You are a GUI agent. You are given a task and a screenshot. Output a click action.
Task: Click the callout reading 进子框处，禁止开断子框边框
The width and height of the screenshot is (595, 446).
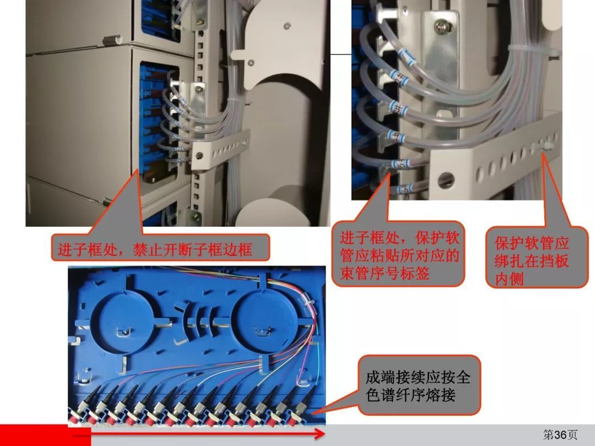[x=160, y=247]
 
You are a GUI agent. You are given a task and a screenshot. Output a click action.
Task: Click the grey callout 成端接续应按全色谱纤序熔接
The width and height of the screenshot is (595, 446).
[x=419, y=385]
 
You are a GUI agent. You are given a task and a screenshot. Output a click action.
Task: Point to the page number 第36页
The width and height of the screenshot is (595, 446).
[x=560, y=435]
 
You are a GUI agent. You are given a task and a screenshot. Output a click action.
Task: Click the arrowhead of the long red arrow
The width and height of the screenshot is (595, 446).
[x=320, y=434]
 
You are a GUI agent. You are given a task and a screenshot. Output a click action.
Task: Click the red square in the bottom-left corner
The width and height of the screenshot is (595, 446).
[x=46, y=435]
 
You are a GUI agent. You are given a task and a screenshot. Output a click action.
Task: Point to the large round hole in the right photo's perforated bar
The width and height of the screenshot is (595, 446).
[x=446, y=180]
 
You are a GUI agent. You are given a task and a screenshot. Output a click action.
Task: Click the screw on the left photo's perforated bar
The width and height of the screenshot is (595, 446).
[x=199, y=155]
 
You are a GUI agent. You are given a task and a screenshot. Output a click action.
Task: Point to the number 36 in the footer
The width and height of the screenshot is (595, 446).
[x=561, y=435]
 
